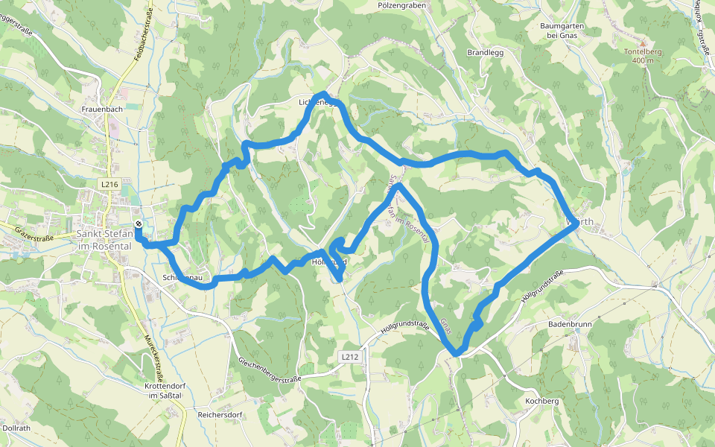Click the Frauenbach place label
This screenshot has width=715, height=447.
102,109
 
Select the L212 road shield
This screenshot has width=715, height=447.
351,357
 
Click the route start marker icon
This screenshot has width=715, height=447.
139,223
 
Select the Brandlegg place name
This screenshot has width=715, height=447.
486,53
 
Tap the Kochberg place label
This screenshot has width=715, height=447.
541,401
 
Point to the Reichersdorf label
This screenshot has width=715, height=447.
220,413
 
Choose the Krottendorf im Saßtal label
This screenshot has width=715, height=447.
164,390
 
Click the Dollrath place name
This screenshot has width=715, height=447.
16,428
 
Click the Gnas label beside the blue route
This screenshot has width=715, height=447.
445,326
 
